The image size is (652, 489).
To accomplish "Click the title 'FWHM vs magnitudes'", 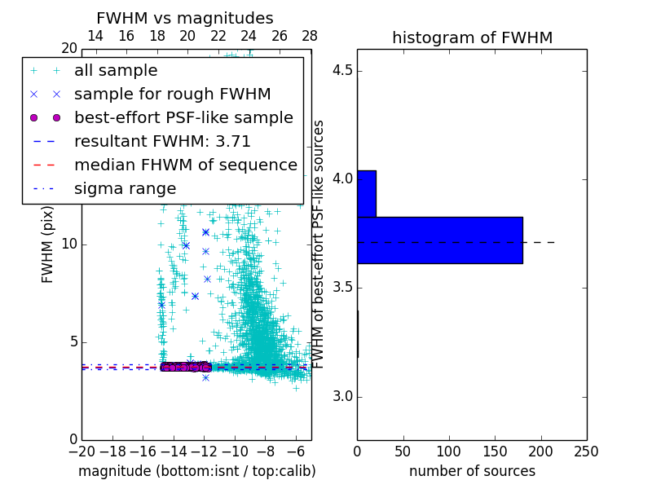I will click(184, 19).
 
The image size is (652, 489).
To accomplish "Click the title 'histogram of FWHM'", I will click(472, 38).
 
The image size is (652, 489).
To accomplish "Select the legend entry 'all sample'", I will click(116, 71).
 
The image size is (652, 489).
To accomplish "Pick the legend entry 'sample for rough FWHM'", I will click(172, 95).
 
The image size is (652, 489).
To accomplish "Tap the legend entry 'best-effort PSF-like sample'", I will click(183, 118).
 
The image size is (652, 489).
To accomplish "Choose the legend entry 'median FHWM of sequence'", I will click(185, 165).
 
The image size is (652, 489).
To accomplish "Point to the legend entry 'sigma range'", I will click(125, 189).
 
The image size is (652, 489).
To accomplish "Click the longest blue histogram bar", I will click(439, 240).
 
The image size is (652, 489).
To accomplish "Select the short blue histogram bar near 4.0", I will click(366, 194).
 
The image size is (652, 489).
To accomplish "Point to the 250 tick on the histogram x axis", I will click(586, 452).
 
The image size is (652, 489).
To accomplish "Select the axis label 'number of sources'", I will click(472, 472).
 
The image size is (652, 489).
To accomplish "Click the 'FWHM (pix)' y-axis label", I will click(48, 244).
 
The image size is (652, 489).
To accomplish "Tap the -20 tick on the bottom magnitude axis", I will click(81, 452).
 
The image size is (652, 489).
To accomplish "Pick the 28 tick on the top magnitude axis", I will click(310, 37).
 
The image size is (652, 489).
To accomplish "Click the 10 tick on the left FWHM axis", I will click(68, 244).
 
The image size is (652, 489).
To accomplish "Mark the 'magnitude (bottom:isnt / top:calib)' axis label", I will click(196, 472).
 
